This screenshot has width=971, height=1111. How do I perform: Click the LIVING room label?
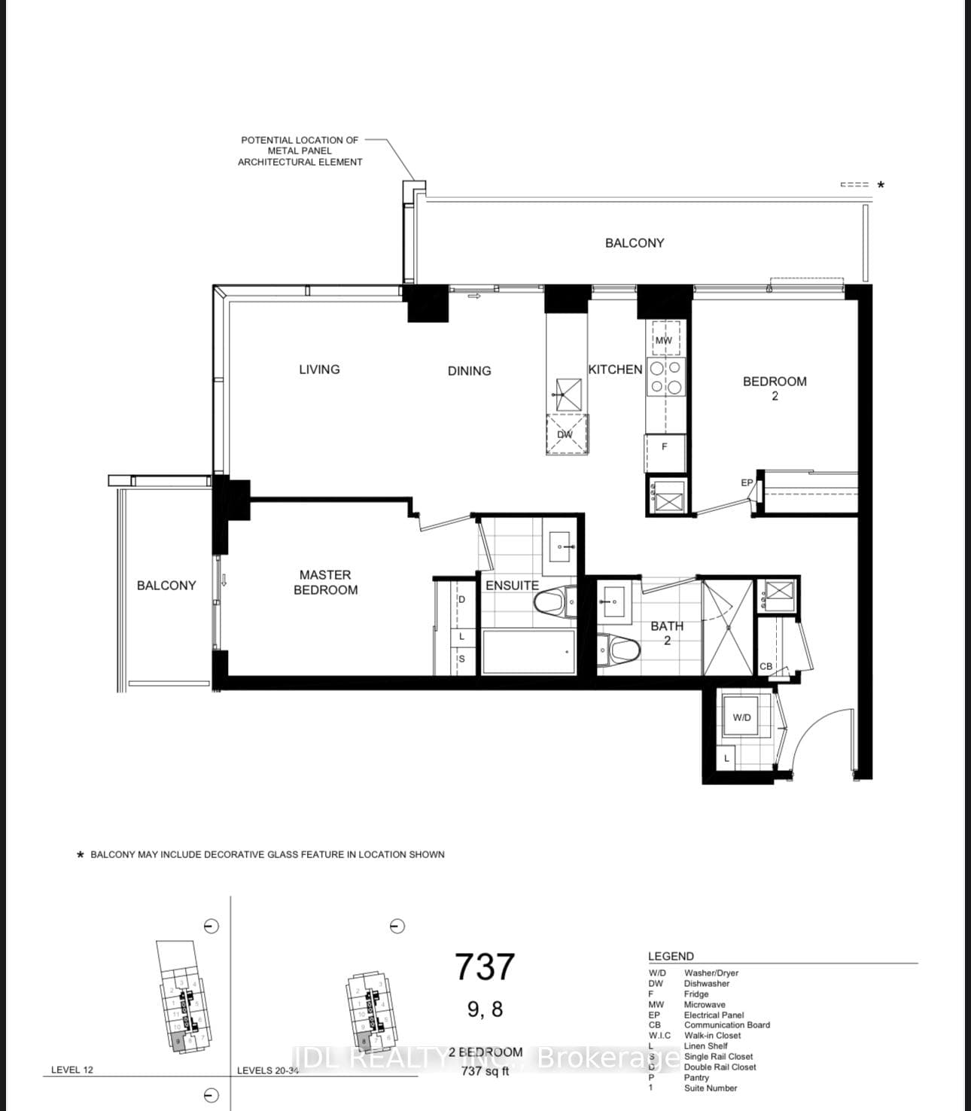pos(319,370)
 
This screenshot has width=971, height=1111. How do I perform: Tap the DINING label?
pos(469,371)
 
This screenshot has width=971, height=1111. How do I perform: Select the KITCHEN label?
pos(615,370)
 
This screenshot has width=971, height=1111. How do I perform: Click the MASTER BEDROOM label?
pos(325,583)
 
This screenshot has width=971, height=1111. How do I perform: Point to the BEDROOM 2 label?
pos(775,388)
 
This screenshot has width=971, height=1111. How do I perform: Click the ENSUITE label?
pos(512,586)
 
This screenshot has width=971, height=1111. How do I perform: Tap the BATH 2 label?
pos(667,633)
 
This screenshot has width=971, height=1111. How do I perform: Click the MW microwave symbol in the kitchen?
pos(664,339)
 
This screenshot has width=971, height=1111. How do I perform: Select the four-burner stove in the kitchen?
pos(665,378)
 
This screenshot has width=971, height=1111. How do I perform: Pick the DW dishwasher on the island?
pos(566,434)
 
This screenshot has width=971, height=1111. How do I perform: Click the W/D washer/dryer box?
pos(742,717)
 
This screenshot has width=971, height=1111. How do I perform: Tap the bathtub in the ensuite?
pos(528,652)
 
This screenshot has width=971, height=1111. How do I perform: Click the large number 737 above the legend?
pos(485,967)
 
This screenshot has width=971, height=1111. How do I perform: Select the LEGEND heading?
pos(671,956)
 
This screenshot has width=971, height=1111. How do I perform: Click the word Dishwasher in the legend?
pos(706,983)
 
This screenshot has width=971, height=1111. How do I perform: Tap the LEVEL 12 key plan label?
pos(72,1070)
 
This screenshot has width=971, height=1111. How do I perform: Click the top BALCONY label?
pos(635,243)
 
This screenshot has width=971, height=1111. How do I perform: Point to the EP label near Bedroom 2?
pos(747,482)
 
